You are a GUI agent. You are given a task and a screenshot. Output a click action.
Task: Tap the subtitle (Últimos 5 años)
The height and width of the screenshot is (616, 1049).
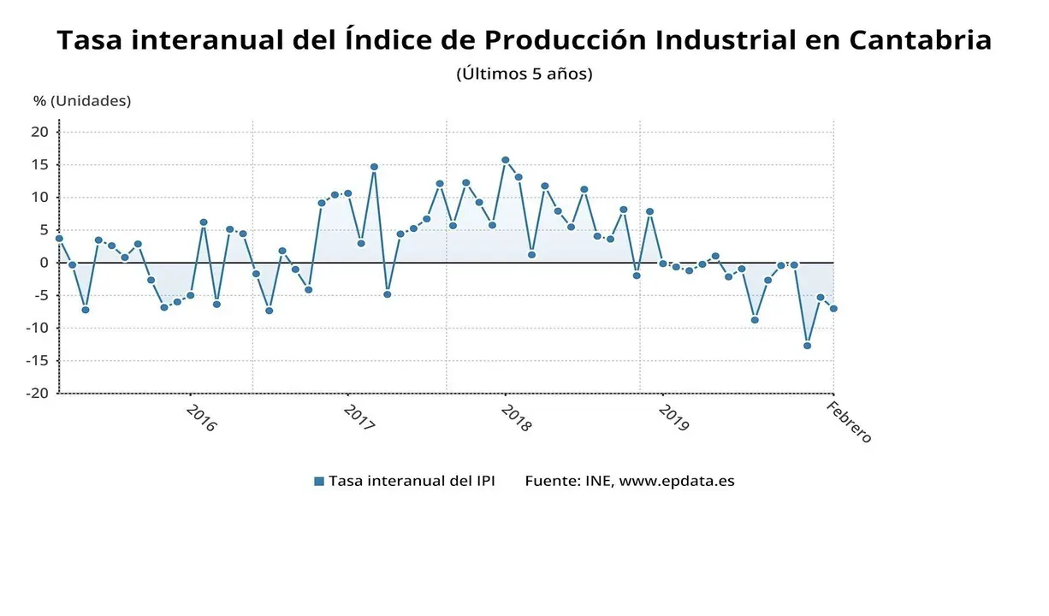[x=524, y=74]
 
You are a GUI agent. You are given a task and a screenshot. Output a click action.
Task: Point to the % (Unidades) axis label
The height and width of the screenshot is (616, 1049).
[x=82, y=101]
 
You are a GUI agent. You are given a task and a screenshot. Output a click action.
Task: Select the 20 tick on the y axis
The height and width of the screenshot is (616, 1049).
[x=39, y=132]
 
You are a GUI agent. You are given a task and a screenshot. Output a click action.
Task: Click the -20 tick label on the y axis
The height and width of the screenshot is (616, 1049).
[x=36, y=394]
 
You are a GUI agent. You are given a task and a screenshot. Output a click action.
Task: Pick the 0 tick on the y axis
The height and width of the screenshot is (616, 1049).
[x=44, y=263]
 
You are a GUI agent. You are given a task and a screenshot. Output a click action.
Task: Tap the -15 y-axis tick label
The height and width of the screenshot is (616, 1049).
[x=36, y=361]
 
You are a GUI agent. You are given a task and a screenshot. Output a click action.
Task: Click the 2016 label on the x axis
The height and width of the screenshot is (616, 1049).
[x=201, y=418]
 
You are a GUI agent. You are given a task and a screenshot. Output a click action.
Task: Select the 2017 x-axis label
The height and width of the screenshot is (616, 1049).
[x=359, y=418]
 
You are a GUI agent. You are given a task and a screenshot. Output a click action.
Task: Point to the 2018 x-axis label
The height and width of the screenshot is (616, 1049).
[x=516, y=418]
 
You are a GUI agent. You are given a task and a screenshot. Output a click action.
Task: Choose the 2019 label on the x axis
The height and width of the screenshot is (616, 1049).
[x=673, y=418]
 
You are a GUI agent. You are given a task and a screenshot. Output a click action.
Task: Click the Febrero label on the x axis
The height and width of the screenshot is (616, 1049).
[x=849, y=422]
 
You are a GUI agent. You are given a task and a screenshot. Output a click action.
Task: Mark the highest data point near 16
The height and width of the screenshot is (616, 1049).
[x=505, y=160]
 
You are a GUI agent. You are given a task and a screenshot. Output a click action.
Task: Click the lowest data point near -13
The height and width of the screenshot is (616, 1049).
[x=807, y=346]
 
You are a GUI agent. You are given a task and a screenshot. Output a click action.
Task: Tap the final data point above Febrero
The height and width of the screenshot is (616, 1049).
[x=833, y=309]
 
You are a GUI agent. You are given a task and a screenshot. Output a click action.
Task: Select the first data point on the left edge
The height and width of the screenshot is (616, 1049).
[x=59, y=239]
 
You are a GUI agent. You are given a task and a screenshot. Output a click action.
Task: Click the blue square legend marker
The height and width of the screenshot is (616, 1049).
[x=319, y=482]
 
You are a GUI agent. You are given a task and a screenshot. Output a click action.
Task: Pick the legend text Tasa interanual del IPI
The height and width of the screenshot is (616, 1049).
[x=412, y=481]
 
